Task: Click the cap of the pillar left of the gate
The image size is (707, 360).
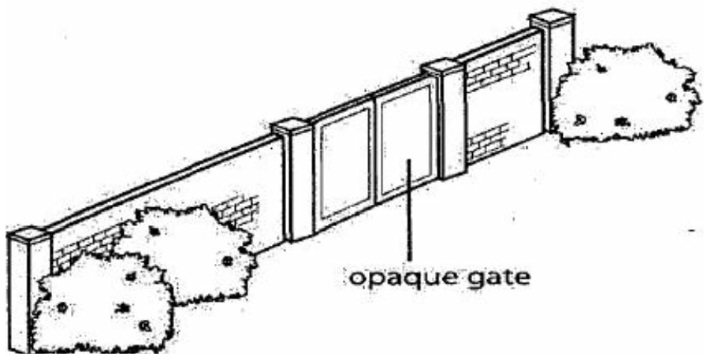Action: [x=289, y=126]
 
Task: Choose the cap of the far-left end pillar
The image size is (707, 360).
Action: [x=27, y=233]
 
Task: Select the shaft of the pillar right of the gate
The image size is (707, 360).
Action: [x=452, y=126]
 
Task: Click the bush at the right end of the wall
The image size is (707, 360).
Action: [x=623, y=95]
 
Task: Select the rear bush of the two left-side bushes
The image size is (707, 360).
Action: [x=185, y=244]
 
